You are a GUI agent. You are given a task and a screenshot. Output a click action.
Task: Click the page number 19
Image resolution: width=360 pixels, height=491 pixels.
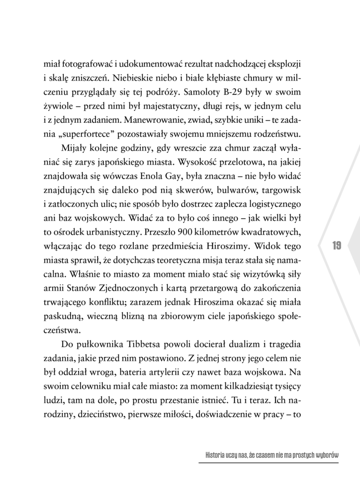[336, 246]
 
